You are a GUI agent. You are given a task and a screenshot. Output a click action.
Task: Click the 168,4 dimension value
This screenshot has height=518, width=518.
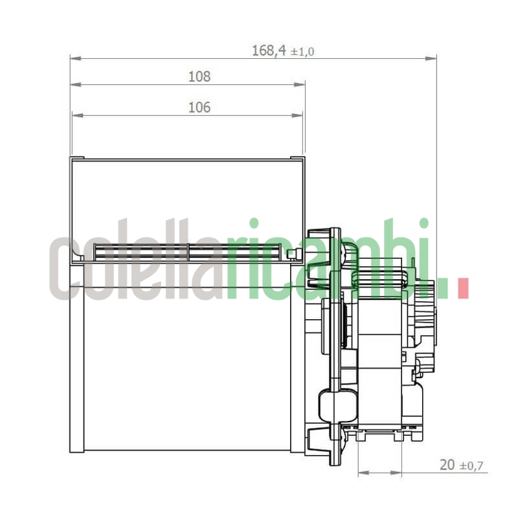[269, 51]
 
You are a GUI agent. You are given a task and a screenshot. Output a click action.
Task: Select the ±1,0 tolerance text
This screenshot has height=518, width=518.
[302, 52]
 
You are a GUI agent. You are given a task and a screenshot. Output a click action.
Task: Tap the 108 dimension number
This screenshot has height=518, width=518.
[199, 76]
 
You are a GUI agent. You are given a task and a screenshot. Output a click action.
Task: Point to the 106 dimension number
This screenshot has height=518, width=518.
[199, 107]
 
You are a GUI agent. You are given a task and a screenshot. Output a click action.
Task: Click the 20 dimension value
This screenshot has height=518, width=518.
[447, 464]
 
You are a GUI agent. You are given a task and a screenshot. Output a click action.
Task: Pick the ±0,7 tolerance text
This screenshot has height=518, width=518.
[473, 466]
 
